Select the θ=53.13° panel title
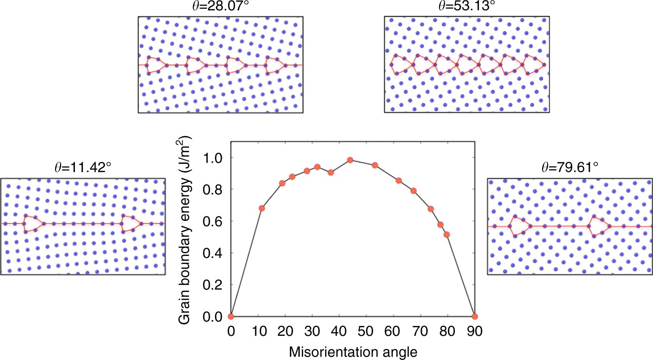[x=466, y=7]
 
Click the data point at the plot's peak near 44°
[x=350, y=160]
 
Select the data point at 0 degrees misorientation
[x=231, y=316]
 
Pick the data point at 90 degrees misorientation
[x=475, y=316]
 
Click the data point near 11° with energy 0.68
[x=262, y=208]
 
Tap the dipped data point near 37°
[x=331, y=173]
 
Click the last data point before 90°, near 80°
[x=447, y=235]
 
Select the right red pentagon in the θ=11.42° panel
[x=130, y=223]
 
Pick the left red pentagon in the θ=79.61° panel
[x=519, y=226]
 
